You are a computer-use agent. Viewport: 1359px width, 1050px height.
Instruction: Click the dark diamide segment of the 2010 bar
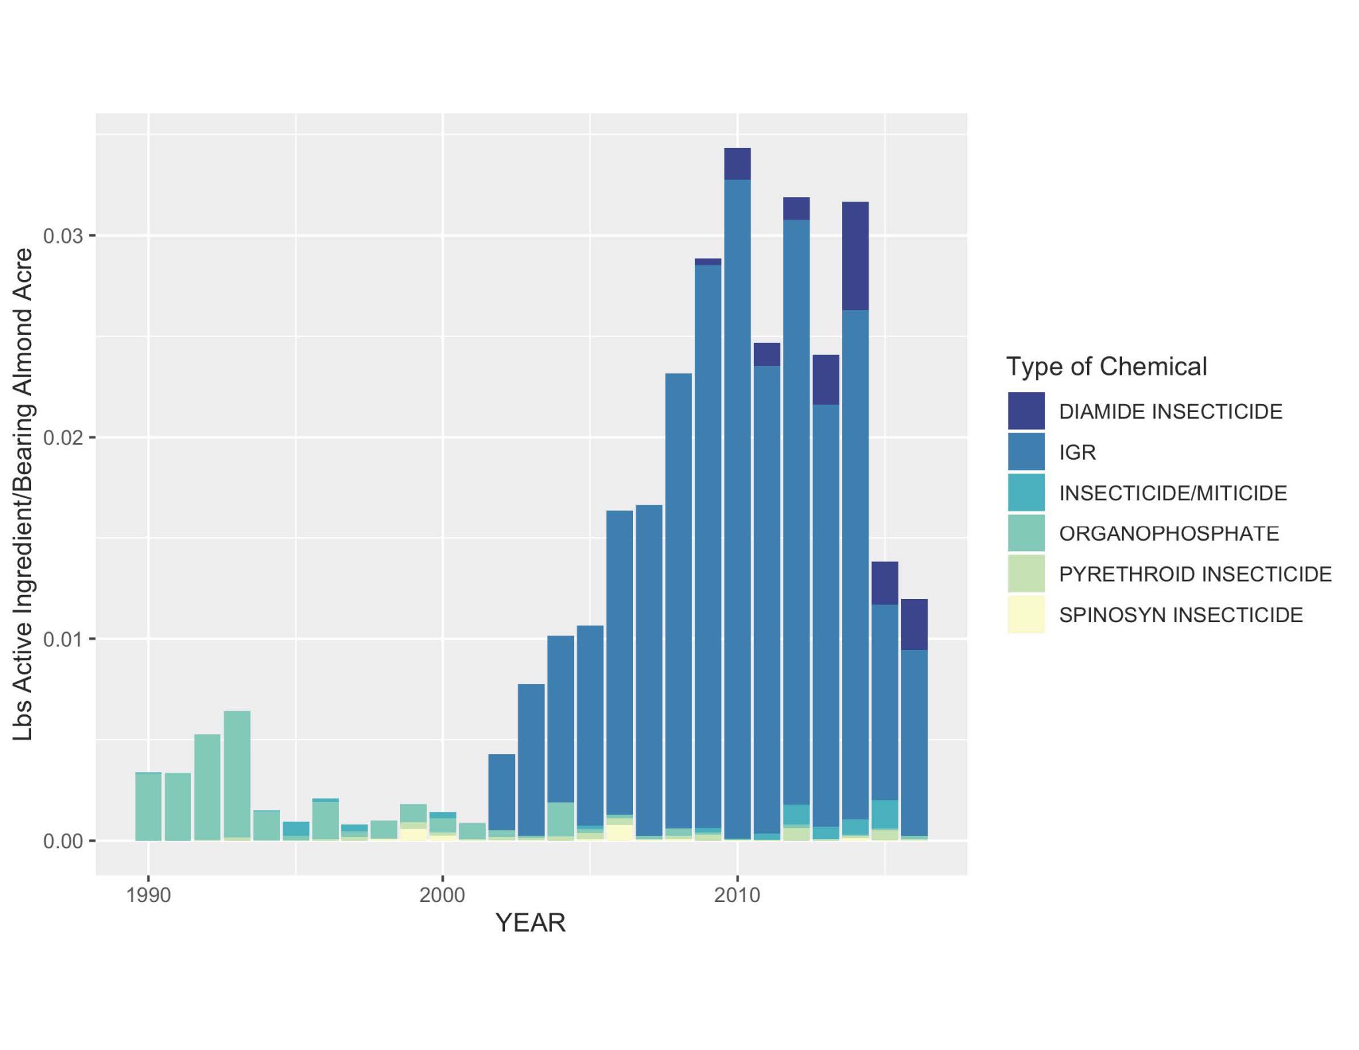point(737,163)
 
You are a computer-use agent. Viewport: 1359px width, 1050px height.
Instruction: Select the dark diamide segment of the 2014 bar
point(855,255)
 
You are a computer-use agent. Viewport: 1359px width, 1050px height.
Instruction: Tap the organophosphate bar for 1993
point(237,773)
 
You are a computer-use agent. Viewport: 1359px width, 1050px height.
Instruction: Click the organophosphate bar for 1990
point(149,806)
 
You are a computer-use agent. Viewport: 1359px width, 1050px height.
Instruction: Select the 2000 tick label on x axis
point(442,895)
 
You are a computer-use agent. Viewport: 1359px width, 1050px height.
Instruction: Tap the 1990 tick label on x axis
point(148,895)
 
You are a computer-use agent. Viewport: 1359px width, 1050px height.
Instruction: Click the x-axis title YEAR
point(530,923)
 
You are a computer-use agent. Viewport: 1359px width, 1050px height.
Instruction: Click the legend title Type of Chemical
point(1106,366)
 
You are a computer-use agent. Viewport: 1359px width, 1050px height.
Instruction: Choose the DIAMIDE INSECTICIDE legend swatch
point(1026,411)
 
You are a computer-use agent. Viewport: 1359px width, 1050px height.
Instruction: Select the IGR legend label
point(1077,452)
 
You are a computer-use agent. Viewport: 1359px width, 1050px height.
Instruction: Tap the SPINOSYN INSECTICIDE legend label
point(1180,615)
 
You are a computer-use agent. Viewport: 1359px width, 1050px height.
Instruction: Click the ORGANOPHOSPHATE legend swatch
point(1026,533)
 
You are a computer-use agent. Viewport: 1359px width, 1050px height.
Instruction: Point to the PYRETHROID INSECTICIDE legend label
point(1195,574)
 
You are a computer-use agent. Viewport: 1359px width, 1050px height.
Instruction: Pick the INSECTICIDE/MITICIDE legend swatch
point(1026,493)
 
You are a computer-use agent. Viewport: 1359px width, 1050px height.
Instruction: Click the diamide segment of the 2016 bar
point(914,624)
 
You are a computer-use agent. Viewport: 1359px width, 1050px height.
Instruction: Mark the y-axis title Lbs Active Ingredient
point(23,494)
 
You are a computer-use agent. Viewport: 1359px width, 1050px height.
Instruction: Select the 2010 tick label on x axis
point(737,895)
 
